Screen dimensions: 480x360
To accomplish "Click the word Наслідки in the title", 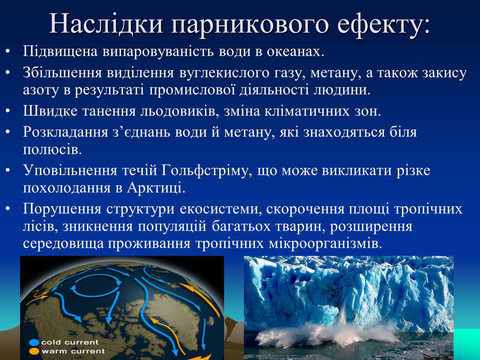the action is (106, 23).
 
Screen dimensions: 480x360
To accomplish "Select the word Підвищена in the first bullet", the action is (60, 52).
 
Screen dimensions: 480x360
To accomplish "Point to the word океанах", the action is (295, 52).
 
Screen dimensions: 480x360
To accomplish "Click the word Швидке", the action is (50, 111).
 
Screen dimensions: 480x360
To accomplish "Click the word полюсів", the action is (52, 150).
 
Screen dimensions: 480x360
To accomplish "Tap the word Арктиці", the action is (156, 188).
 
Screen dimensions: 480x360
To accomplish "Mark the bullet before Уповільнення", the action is (8, 171).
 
